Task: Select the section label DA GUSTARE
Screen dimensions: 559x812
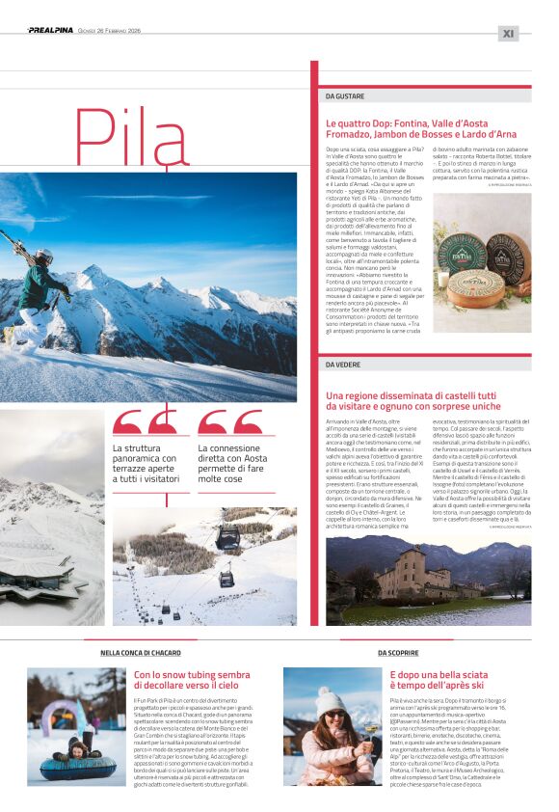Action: (345, 96)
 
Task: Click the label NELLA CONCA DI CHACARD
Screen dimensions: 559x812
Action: (142, 653)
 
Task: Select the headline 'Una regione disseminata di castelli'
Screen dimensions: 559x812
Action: (412, 401)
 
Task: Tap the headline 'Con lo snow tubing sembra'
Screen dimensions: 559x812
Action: (192, 681)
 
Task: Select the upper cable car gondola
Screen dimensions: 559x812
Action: (227, 536)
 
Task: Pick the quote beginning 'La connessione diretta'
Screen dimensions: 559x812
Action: (232, 463)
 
